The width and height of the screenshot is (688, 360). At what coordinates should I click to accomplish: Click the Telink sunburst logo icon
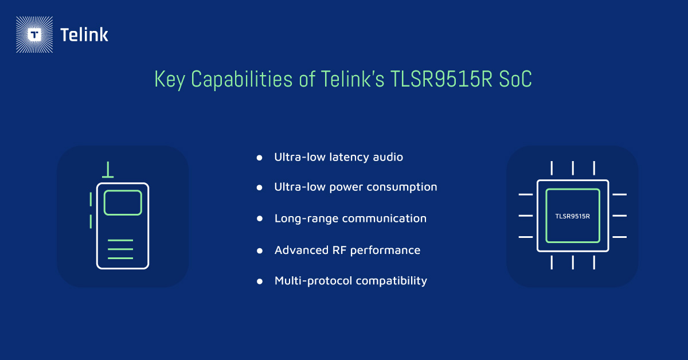35,35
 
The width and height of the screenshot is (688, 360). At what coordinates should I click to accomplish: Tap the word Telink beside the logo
84,35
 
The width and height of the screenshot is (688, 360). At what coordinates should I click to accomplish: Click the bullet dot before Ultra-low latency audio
260,157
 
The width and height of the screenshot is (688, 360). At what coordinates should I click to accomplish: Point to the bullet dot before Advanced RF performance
260,251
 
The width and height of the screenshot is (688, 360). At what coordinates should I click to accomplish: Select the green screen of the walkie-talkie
123,202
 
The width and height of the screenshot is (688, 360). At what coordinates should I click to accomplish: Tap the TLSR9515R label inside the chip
573,216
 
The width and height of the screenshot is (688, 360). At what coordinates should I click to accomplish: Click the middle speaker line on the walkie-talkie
120,249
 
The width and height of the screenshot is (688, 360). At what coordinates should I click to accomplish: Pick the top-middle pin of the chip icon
573,168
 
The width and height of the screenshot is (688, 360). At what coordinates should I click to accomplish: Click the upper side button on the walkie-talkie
91,199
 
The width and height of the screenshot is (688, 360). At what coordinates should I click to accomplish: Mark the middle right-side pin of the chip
619,216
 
